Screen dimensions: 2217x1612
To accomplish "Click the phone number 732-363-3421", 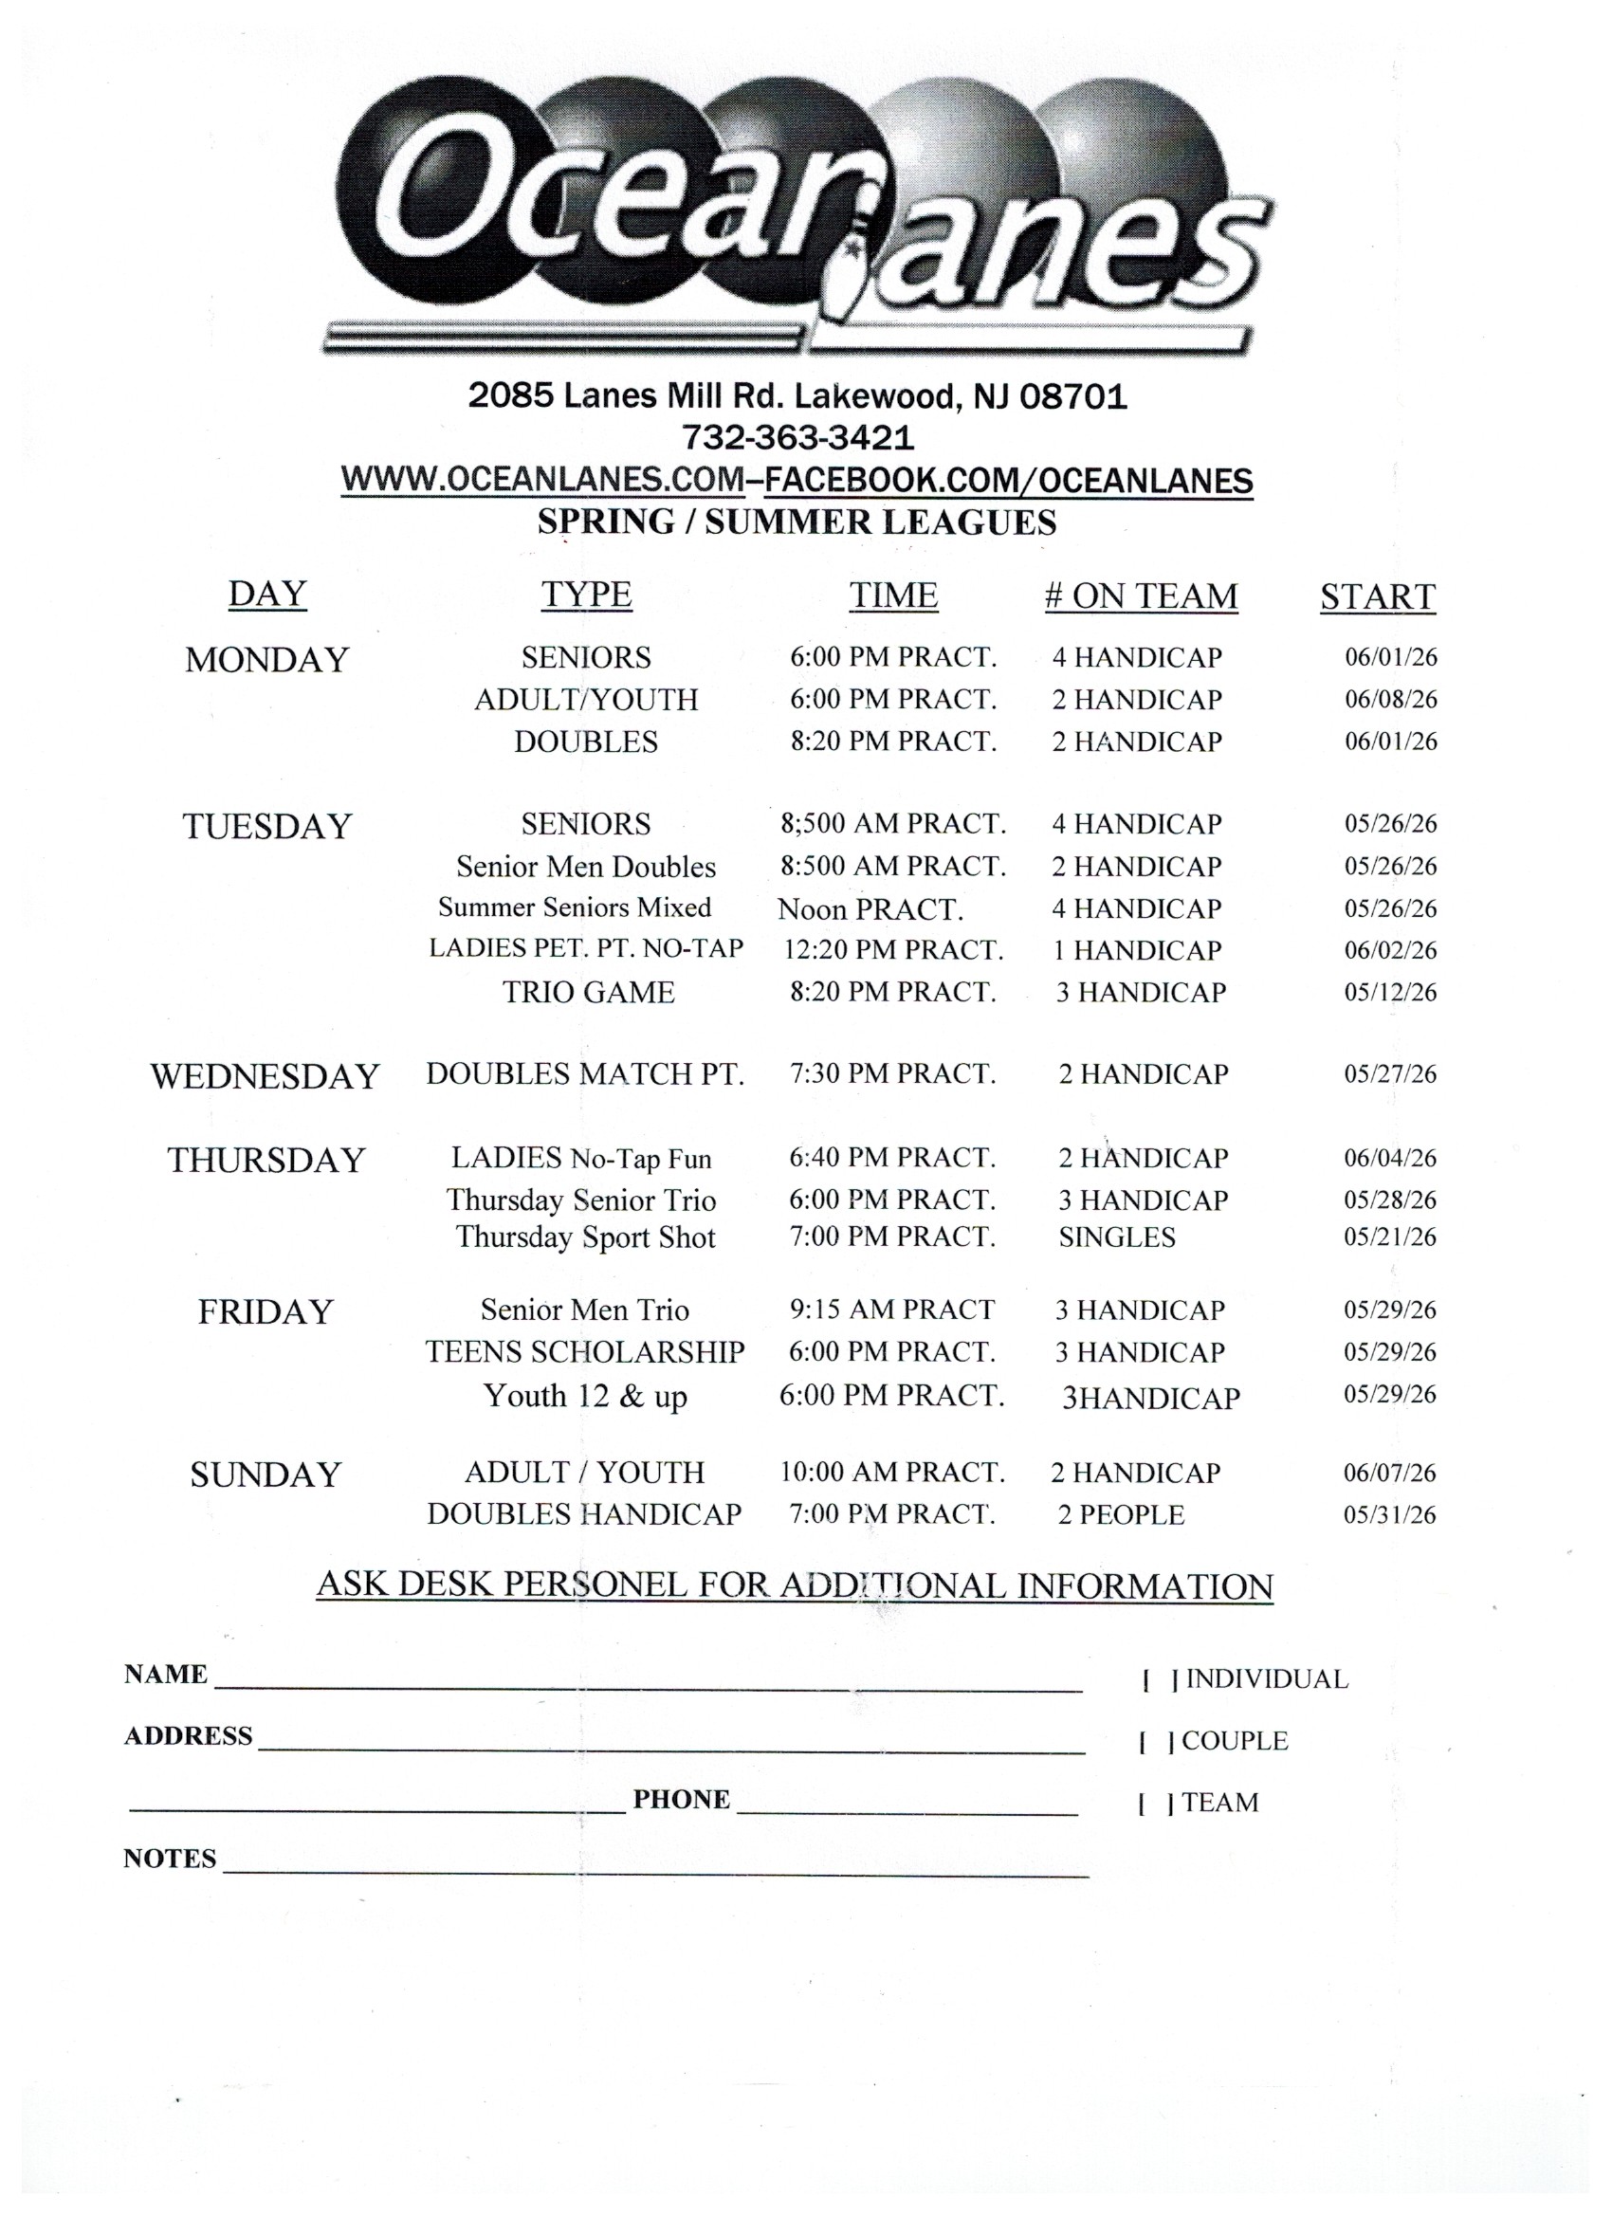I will click(797, 437).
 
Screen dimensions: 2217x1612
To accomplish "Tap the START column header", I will click(1377, 596).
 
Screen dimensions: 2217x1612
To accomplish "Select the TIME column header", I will click(892, 595).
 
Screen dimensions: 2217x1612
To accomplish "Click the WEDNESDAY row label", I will click(264, 1076).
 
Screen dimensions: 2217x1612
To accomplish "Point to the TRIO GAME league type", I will click(589, 992).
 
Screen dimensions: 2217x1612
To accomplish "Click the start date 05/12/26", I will click(1390, 992).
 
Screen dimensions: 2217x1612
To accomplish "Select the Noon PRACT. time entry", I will click(870, 909).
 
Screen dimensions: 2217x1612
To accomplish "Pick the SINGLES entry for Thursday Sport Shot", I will click(1116, 1237).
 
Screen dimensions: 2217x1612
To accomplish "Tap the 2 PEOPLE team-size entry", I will click(1120, 1515).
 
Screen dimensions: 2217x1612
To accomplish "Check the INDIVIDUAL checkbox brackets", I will click(1160, 1679).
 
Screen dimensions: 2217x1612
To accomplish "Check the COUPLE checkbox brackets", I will click(1156, 1741).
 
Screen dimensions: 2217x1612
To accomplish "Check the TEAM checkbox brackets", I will click(1156, 1803).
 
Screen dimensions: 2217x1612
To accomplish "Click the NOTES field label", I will click(169, 1859).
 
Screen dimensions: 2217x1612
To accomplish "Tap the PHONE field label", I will click(682, 1800).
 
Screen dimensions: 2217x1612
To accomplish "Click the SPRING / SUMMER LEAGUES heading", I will click(797, 523).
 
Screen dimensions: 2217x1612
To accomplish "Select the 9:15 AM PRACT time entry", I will click(891, 1310).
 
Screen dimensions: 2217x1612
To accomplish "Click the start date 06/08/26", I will click(1390, 699).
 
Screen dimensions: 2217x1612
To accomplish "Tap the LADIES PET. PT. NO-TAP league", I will click(586, 948).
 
